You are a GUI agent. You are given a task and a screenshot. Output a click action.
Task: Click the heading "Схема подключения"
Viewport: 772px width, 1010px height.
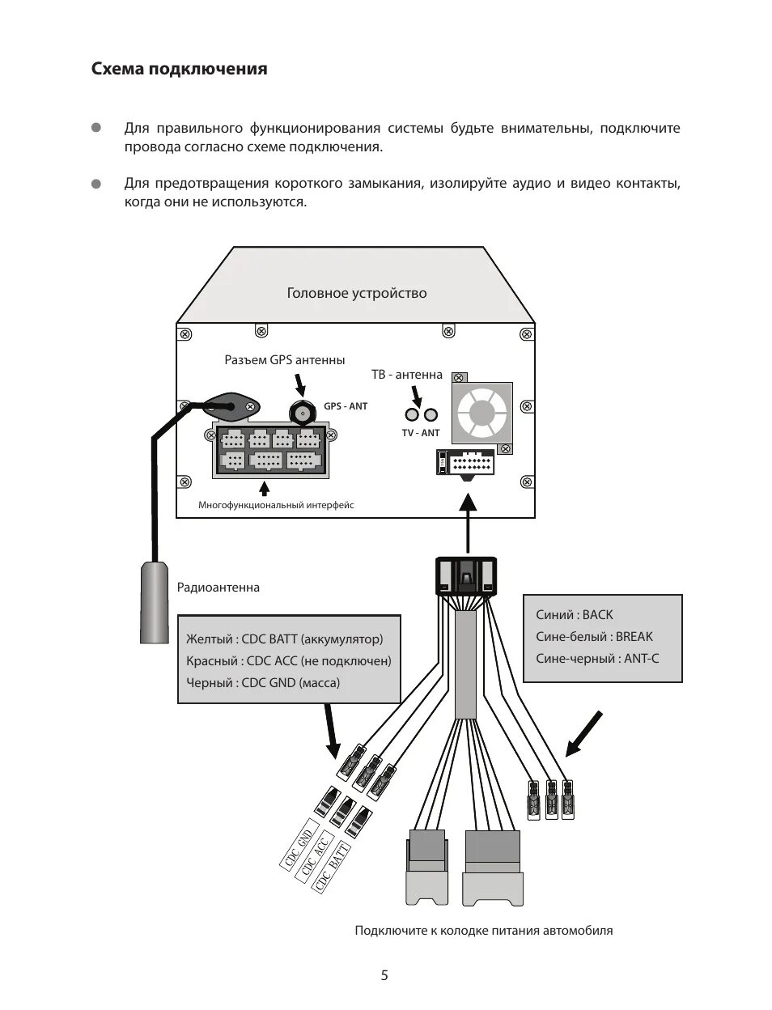tap(179, 69)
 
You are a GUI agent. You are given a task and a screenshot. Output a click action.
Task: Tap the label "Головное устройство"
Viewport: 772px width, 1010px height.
tap(356, 293)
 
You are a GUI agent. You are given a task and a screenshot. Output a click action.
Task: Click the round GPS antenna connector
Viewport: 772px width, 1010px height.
tap(303, 412)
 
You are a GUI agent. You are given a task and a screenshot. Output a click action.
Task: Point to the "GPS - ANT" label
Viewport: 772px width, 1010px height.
tap(346, 406)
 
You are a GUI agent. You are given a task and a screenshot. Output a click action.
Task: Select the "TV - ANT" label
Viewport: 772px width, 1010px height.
tap(421, 433)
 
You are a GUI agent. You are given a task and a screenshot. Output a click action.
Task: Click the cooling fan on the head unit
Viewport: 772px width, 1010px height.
tap(481, 411)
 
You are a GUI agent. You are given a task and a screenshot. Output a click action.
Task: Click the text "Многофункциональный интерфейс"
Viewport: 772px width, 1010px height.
tap(276, 505)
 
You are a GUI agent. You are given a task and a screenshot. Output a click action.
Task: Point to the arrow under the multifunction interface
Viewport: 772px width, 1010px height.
tap(264, 488)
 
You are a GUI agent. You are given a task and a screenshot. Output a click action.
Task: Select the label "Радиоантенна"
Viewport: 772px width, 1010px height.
tap(218, 588)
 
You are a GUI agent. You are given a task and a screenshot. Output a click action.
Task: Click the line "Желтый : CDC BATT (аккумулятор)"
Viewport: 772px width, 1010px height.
tap(284, 639)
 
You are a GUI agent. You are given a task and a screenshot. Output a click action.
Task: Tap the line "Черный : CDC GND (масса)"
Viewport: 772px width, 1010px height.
tap(263, 682)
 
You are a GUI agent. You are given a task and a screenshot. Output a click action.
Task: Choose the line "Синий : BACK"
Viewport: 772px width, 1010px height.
tap(575, 615)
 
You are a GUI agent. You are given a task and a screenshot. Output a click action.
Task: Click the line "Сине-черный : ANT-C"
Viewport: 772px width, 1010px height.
tap(597, 659)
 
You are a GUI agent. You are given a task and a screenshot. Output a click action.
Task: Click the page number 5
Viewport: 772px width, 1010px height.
tap(384, 975)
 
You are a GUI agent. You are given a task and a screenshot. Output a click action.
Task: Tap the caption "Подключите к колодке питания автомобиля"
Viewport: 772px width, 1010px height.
tap(483, 931)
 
